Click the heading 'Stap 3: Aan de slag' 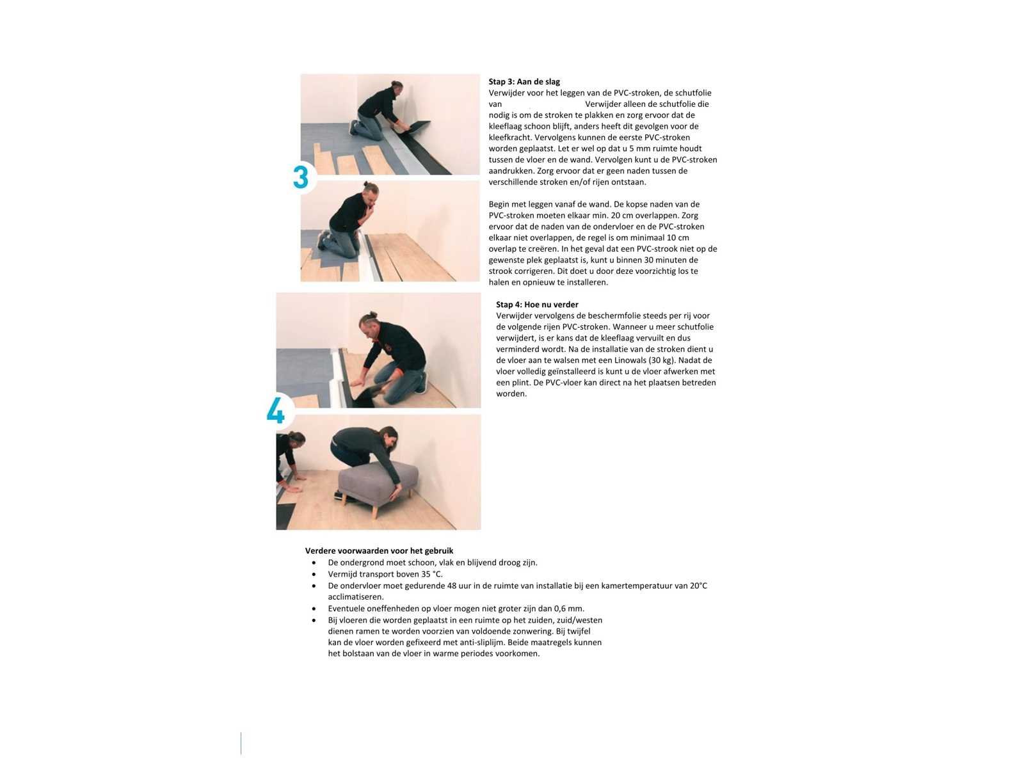tap(524, 82)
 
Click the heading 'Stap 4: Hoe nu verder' tap(537, 305)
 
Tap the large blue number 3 tap(301, 178)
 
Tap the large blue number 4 tap(276, 410)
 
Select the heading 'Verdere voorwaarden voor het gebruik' tap(380, 550)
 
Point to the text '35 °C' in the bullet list tap(431, 574)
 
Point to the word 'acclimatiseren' tap(355, 597)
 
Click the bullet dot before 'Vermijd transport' tap(314, 575)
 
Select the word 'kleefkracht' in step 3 tap(510, 138)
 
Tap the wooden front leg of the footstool tap(374, 511)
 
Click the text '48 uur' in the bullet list tap(459, 586)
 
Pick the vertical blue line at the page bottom tap(241, 743)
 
